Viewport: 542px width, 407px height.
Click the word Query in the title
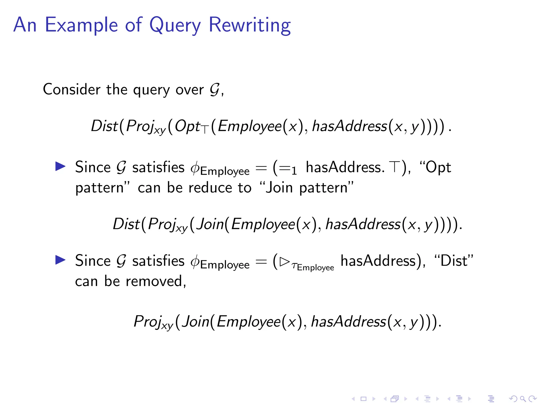(175, 25)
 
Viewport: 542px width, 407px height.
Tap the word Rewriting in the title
(250, 25)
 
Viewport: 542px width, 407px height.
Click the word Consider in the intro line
(71, 89)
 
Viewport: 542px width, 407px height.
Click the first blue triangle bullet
(60, 166)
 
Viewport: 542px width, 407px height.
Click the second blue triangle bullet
(60, 260)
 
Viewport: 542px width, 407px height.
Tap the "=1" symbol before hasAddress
(288, 169)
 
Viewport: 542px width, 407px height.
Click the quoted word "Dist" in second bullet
(454, 261)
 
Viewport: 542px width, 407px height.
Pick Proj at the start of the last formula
(146, 322)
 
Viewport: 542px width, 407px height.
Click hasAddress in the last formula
(348, 322)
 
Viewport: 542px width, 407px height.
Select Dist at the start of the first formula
(104, 126)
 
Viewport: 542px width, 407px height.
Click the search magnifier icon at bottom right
(523, 399)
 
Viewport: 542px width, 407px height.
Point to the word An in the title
(25, 25)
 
